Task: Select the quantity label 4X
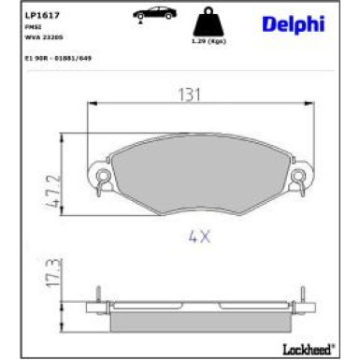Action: click(200, 238)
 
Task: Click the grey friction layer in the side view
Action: click(198, 321)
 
